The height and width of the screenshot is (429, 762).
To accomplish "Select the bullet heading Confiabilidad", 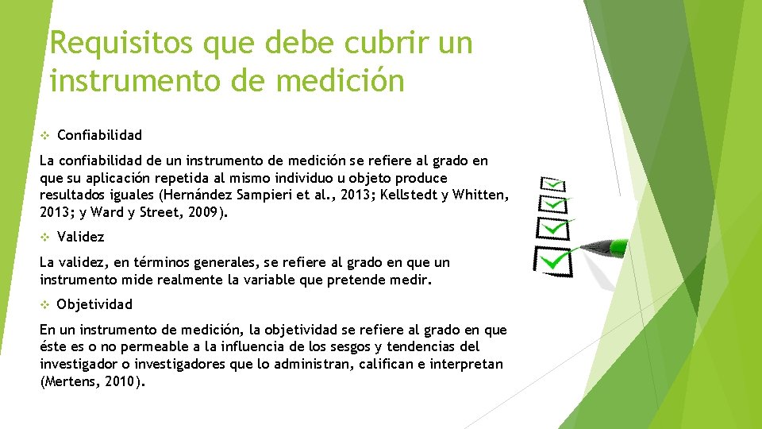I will coord(99,134).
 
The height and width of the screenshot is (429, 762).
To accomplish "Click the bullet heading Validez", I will coord(80,236).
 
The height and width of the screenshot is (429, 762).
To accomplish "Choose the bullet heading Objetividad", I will coord(94,303).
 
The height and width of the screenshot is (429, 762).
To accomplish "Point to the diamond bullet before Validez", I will coord(45,237).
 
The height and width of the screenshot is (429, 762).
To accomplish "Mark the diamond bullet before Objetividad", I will coord(45,304).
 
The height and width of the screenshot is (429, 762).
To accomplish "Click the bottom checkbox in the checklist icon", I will coord(553,260).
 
